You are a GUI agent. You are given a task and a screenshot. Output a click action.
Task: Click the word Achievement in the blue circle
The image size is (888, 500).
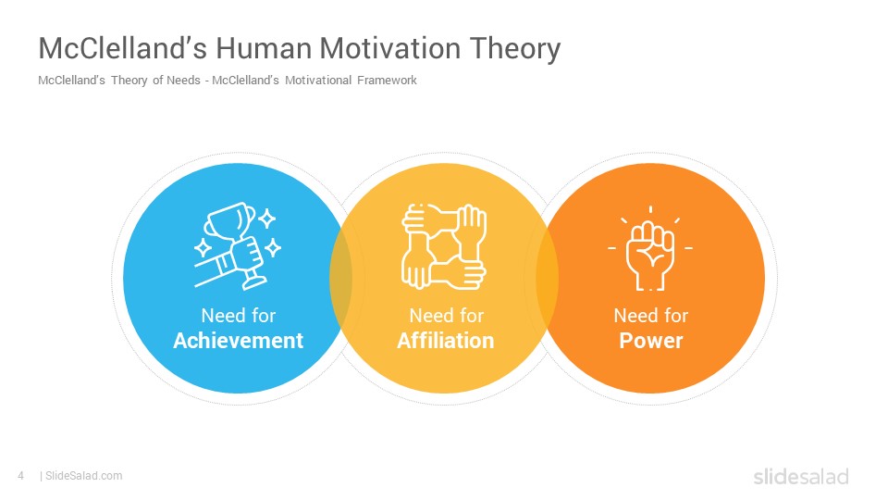(x=239, y=340)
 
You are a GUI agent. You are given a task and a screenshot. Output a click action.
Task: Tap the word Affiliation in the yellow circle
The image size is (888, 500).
(x=446, y=340)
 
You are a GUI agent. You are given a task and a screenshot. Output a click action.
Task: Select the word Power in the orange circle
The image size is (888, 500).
(x=650, y=340)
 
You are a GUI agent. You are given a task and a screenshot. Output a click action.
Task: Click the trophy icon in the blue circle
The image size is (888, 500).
(x=238, y=245)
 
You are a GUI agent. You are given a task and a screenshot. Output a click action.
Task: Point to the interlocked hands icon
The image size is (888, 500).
(x=444, y=246)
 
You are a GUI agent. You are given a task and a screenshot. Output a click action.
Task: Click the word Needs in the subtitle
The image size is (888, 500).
(x=183, y=80)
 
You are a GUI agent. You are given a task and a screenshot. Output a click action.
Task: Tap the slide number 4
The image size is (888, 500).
(x=21, y=476)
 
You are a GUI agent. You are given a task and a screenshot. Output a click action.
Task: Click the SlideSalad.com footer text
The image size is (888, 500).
(x=84, y=476)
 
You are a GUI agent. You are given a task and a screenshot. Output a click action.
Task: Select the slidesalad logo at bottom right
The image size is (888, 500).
(x=801, y=476)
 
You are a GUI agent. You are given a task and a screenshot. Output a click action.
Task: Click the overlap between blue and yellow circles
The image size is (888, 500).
(x=341, y=278)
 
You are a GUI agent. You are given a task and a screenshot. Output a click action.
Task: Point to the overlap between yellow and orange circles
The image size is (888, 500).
(x=547, y=278)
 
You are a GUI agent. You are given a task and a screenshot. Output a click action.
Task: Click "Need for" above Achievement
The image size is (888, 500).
(x=239, y=315)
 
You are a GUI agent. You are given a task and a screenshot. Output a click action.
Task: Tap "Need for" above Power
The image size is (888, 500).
(x=650, y=315)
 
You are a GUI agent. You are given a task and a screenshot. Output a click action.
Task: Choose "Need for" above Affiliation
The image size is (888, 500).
(x=446, y=315)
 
